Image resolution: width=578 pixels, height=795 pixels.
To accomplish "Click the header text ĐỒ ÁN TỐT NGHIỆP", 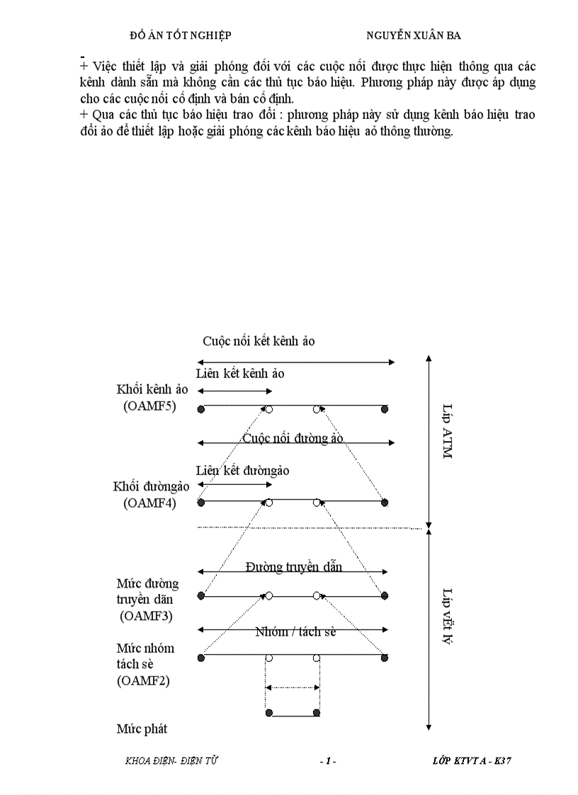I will point(181,35).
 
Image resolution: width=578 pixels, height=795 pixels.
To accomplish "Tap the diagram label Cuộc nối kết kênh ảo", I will point(259,341).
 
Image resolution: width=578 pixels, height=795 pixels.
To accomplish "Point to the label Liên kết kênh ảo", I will point(240,373).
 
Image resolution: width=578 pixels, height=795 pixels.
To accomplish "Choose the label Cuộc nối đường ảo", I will point(293,438).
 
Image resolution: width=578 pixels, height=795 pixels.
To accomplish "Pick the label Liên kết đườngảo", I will point(242,471).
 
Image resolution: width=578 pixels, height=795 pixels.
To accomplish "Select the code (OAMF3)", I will point(147,616).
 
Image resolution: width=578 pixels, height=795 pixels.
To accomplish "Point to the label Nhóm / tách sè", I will point(295,631).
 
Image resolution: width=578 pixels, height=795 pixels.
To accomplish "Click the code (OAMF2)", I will point(143,681).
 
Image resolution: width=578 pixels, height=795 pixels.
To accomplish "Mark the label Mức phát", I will point(142,728).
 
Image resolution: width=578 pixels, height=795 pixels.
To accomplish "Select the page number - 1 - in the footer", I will point(327,761).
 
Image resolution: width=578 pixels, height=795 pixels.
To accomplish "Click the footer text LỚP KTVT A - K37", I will point(472,761).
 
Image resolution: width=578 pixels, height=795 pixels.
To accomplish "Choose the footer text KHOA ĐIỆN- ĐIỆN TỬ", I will point(171,761).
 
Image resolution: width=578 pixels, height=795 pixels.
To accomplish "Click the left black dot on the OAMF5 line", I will point(201,409).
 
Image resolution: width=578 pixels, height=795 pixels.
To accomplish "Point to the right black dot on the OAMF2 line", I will point(385,658).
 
